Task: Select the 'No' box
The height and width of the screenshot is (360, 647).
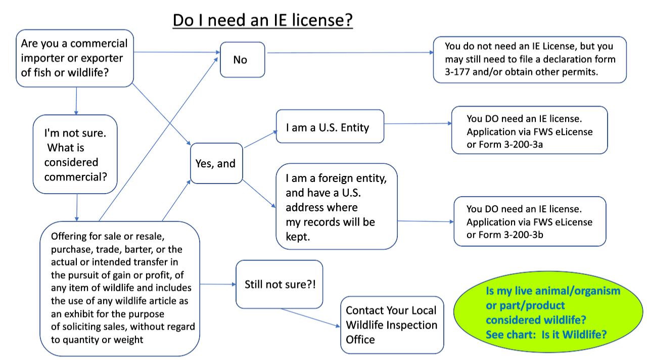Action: coord(242,60)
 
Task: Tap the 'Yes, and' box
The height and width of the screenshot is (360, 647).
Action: coord(216,163)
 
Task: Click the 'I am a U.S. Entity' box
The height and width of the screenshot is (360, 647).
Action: coord(330,127)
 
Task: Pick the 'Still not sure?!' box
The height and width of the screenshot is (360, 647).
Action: coord(279,284)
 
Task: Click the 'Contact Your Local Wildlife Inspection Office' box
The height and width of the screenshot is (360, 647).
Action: coord(392,325)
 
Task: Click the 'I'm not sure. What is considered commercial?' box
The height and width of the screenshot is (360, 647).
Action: coord(75,154)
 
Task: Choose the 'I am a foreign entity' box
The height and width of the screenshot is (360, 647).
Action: coord(336,206)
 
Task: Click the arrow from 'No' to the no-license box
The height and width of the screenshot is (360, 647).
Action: coord(349,53)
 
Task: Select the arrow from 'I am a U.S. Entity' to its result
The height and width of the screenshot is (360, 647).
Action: coord(417,123)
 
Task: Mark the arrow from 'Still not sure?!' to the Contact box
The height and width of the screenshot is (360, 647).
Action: coord(309,317)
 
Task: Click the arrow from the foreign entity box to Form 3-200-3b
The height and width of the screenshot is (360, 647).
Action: coord(425,221)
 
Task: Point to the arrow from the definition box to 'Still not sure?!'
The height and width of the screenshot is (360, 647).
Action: coord(217,284)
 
